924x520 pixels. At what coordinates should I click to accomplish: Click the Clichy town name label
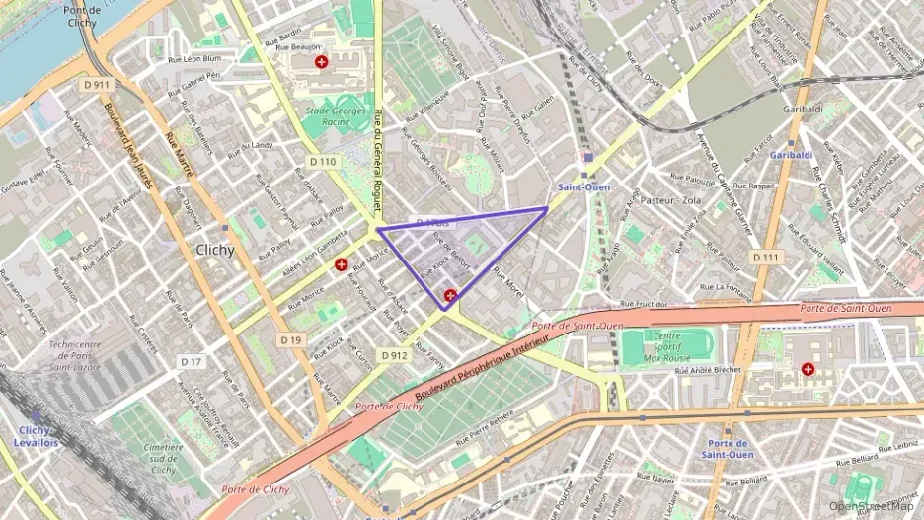click(215, 250)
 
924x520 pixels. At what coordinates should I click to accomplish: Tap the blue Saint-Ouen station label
click(582, 187)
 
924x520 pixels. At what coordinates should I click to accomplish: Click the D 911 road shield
click(97, 85)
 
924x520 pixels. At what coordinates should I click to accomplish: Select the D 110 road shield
click(323, 161)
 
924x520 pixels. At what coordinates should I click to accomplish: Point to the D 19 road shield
click(290, 339)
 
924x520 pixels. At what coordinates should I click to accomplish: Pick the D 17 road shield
click(192, 362)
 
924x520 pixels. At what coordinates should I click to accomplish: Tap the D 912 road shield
click(393, 355)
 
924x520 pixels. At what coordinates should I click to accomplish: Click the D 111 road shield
click(765, 257)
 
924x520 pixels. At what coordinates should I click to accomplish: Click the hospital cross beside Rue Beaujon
click(321, 62)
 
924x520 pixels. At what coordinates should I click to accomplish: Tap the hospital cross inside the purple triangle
click(451, 295)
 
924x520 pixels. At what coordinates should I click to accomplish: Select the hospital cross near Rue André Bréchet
click(808, 369)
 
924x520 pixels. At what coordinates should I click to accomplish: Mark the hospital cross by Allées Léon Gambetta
click(341, 264)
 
